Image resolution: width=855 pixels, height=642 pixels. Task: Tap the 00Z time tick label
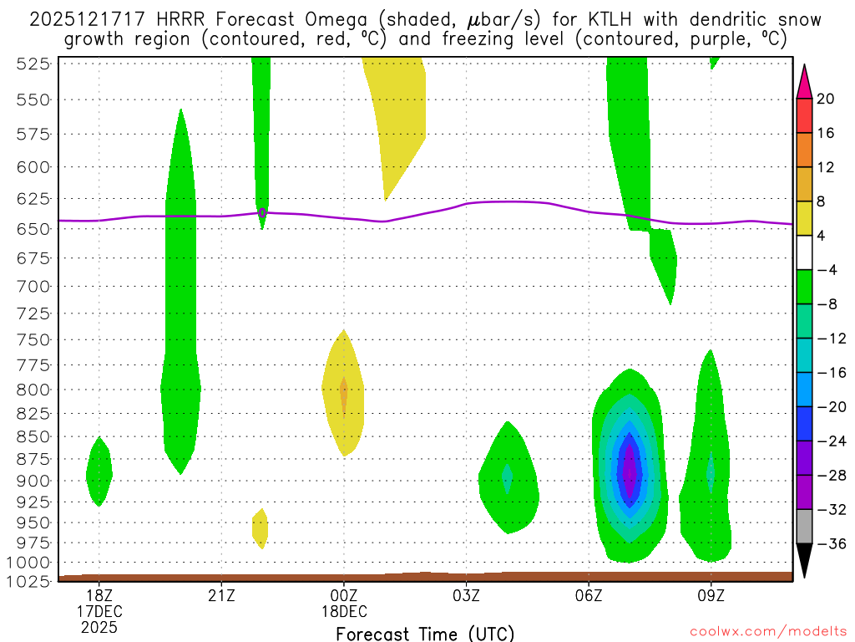coord(344,596)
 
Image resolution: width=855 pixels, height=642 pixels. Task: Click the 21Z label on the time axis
coord(221,596)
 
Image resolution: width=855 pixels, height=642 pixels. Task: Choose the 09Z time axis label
coord(711,596)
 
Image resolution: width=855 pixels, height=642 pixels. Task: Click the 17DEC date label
coord(99,611)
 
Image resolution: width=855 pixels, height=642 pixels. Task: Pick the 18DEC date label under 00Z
coord(344,611)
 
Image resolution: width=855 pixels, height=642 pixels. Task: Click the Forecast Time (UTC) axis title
coord(425,633)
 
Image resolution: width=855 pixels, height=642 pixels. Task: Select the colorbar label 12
coord(826,168)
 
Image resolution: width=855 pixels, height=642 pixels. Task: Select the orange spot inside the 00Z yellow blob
coord(344,393)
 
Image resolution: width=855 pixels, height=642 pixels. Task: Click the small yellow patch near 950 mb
coord(261,527)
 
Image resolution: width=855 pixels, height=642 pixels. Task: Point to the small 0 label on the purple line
coord(262,213)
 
